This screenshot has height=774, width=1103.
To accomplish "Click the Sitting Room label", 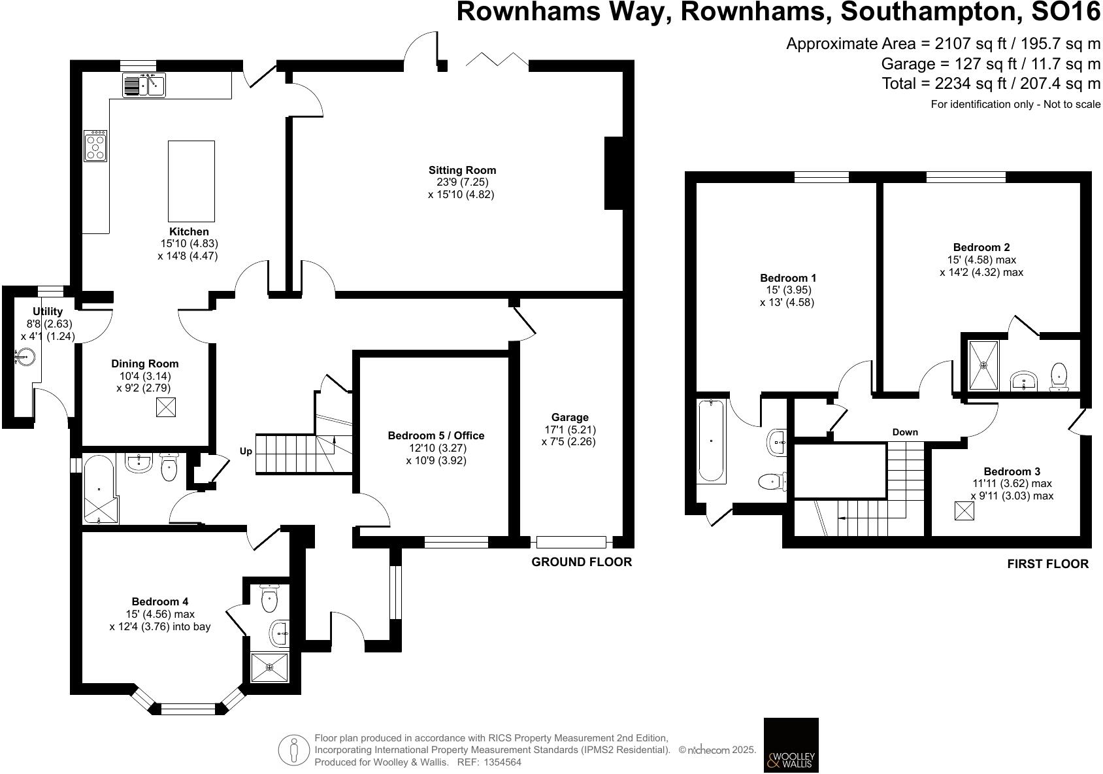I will [462, 171].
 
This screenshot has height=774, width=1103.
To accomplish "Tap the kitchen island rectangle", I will [191, 181].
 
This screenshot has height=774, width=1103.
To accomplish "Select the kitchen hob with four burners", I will [95, 146].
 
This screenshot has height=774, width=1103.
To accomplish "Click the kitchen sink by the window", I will [144, 85].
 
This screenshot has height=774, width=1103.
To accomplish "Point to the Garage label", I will [570, 417].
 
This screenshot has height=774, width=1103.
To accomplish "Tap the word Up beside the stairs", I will [246, 451].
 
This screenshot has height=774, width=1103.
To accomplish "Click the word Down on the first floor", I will [904, 432].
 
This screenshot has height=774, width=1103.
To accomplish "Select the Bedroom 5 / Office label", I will [436, 435].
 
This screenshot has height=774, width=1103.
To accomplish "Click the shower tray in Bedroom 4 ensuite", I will [270, 667].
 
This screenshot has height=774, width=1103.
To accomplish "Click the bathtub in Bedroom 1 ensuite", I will [712, 441].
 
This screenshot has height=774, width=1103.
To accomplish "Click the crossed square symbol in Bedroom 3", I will [964, 510].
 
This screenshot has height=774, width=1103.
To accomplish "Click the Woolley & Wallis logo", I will [791, 745].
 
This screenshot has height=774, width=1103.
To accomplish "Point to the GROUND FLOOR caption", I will [582, 562].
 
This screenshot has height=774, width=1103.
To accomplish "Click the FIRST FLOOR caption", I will [1047, 564].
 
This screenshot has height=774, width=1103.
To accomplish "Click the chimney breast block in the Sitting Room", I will [614, 173].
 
